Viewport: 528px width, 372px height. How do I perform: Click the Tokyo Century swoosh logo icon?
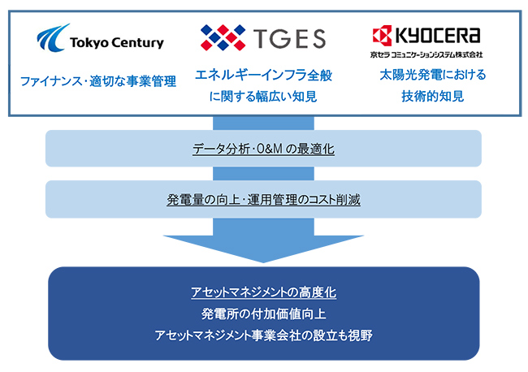52,37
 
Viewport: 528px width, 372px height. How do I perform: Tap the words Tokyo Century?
117,43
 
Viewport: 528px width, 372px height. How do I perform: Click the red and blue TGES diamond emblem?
223,37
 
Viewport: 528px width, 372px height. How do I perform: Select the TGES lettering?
290,37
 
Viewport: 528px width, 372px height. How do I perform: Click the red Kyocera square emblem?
383,35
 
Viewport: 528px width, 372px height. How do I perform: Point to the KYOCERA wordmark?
437,35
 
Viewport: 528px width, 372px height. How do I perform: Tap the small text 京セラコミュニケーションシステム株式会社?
426,54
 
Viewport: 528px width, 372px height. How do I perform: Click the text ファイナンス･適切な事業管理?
98,81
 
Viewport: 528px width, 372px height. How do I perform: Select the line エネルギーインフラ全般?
264,75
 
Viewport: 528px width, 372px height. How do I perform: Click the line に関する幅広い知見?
263,97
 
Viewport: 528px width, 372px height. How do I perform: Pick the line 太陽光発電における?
433,75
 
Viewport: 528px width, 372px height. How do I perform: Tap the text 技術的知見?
433,97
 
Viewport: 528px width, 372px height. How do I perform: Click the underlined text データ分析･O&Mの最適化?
264,149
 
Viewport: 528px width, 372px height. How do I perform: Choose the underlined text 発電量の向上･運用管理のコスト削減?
264,200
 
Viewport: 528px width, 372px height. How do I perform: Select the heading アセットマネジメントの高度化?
264,292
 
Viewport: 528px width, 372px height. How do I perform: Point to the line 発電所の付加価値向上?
264,314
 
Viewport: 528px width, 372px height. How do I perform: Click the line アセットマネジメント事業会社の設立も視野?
264,335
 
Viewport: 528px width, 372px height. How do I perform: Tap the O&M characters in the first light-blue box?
270,149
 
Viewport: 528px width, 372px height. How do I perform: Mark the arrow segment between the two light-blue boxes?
264,174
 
